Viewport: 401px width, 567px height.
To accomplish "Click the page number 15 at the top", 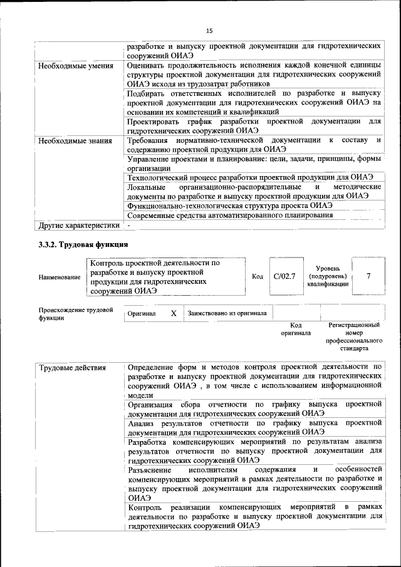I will tap(209, 30).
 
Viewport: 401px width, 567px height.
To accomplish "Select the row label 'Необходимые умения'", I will tap(76, 66).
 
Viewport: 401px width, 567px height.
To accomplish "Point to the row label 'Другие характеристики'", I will tap(78, 224).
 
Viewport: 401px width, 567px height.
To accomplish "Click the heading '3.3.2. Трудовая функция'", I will tap(83, 244).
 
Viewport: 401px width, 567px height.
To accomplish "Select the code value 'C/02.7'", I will tap(284, 276).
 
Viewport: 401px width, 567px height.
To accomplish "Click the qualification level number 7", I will tap(368, 276).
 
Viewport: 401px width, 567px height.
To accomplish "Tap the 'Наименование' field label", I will tap(60, 277).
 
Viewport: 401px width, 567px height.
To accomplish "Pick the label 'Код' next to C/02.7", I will tap(257, 276).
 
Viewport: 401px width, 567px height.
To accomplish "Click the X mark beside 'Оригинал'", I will tap(174, 313).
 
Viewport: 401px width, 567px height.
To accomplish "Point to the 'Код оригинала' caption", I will tap(296, 330).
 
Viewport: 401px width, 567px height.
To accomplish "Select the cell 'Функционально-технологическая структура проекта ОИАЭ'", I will tap(229, 205).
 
